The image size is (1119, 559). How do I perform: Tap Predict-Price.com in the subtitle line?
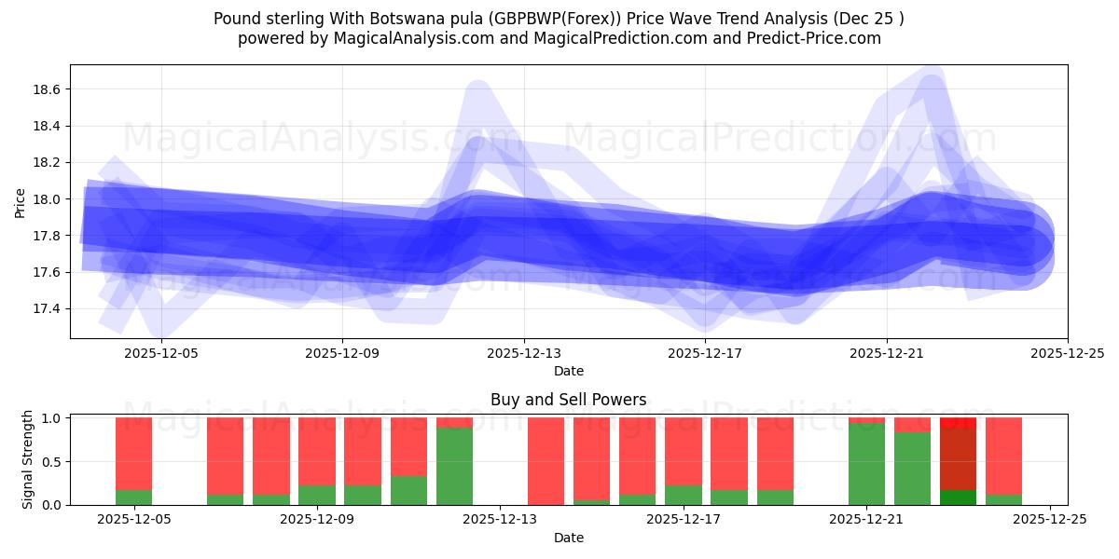coord(816,38)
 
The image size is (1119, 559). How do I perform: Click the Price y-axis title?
coord(21,202)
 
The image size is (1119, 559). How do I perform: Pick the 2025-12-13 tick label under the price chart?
coord(523,353)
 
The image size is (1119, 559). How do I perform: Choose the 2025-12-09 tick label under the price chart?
coord(342,353)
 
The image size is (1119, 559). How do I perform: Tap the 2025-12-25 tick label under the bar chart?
coord(1050,520)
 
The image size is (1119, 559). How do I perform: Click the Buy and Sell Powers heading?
coord(568,400)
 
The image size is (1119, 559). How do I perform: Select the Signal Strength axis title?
coord(28,459)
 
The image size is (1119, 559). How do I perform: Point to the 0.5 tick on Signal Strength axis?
coord(52,462)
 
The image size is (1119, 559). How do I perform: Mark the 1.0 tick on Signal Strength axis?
coord(52,418)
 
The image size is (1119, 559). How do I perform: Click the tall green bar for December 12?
coord(454,466)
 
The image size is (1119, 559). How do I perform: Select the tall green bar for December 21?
coord(866,464)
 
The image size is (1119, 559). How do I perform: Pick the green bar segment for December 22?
coord(912,469)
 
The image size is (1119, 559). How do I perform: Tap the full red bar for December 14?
coord(546,461)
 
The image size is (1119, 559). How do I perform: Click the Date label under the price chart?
coord(568,371)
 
